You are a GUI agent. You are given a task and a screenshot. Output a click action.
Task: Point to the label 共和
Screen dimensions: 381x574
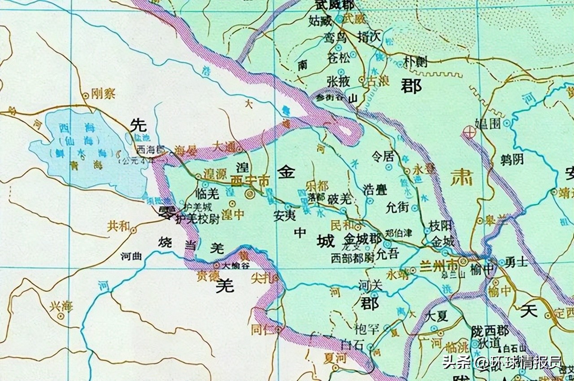pos(118,226)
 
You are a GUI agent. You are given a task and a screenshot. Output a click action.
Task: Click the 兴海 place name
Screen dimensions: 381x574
pos(61,307)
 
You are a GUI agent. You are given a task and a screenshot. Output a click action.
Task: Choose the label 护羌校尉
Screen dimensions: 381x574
pos(197,219)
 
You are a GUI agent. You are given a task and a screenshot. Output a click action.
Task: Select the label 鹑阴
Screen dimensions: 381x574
pos(512,159)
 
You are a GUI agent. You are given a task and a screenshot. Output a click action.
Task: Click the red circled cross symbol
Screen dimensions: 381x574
pos(468,132)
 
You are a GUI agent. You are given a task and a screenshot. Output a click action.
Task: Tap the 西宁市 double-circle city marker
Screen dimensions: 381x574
pos(250,194)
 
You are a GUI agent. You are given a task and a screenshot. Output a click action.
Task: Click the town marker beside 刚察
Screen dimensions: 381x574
pos(86,95)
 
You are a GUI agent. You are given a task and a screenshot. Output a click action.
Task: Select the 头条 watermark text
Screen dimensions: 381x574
pos(457,361)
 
